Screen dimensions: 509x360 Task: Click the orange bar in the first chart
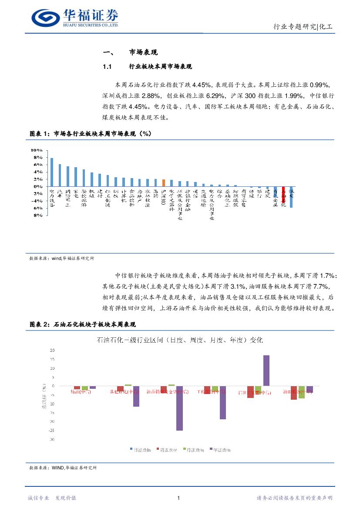(x=163, y=182)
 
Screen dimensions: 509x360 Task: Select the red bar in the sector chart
(x=283, y=196)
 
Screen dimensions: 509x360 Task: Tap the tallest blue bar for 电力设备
(x=52, y=172)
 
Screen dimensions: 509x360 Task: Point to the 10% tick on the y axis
(x=36, y=150)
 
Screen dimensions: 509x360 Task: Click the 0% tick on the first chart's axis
(x=38, y=186)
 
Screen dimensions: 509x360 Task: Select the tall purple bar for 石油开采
(x=266, y=371)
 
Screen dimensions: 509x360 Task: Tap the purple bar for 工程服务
(x=223, y=402)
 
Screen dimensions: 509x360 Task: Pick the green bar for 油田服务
(x=302, y=392)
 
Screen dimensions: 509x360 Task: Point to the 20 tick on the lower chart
(x=52, y=350)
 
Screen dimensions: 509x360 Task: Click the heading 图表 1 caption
(x=90, y=134)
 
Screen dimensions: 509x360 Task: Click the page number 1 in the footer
(x=179, y=498)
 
